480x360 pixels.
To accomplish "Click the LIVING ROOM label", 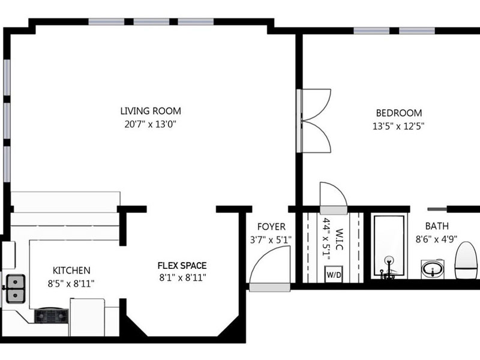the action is pyautogui.click(x=151, y=111).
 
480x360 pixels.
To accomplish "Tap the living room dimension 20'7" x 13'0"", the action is pyautogui.click(x=151, y=124).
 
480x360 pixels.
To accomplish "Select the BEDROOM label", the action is pyautogui.click(x=399, y=113).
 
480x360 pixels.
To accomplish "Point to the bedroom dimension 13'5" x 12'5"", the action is pyautogui.click(x=398, y=126).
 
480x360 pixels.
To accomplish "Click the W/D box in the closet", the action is pyautogui.click(x=334, y=274).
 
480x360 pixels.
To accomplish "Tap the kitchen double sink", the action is pyautogui.click(x=16, y=289).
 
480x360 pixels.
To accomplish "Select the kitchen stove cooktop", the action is pyautogui.click(x=51, y=316).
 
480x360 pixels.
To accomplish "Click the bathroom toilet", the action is pyautogui.click(x=467, y=260).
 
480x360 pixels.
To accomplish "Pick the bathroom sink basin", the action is pyautogui.click(x=432, y=269).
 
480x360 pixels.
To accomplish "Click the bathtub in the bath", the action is pyautogui.click(x=389, y=247).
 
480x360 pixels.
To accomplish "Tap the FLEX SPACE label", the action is pyautogui.click(x=182, y=265).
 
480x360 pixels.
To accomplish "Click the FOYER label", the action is pyautogui.click(x=271, y=227).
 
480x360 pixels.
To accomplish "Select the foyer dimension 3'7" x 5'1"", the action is pyautogui.click(x=271, y=239).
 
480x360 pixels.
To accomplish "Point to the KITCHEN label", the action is pyautogui.click(x=71, y=271).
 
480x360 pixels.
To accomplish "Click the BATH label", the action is pyautogui.click(x=437, y=226).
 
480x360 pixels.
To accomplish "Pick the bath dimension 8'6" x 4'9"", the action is pyautogui.click(x=436, y=239).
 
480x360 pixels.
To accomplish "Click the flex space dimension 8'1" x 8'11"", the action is pyautogui.click(x=182, y=278).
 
